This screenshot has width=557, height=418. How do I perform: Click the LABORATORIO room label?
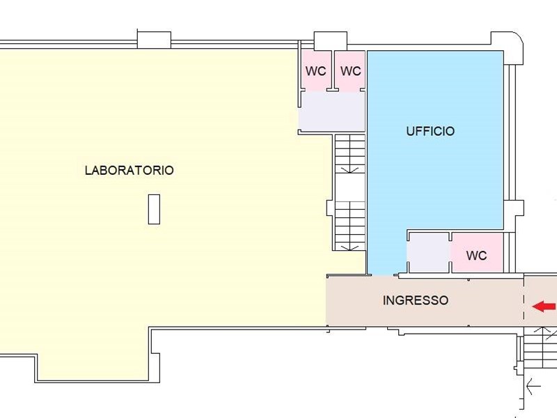pyautogui.click(x=129, y=170)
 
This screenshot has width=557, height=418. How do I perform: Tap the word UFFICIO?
pyautogui.click(x=430, y=131)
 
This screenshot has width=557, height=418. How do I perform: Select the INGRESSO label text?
pyautogui.click(x=416, y=301)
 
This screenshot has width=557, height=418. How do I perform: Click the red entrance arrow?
pyautogui.click(x=544, y=306)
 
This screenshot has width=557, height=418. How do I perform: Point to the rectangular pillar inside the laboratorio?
pyautogui.click(x=154, y=209)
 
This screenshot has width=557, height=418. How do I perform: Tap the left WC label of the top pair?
pyautogui.click(x=316, y=71)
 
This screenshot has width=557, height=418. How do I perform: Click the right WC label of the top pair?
pyautogui.click(x=351, y=71)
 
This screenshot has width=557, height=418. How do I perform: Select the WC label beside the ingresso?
pyautogui.click(x=476, y=256)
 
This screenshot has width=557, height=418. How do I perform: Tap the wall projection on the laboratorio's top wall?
pyautogui.click(x=154, y=40)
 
